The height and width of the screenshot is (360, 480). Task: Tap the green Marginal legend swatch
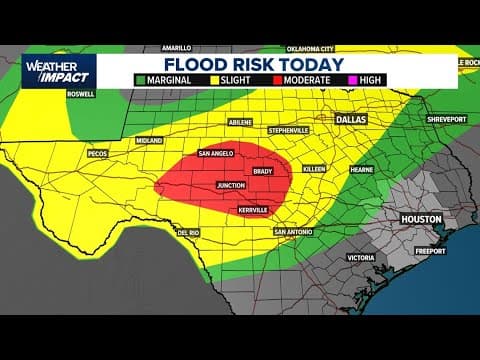140,79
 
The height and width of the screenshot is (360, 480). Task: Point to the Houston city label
421,218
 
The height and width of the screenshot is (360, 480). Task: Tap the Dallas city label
351,118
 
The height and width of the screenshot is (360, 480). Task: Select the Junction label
231,186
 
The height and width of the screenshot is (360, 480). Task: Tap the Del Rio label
189,232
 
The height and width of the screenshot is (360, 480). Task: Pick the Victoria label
361,257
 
